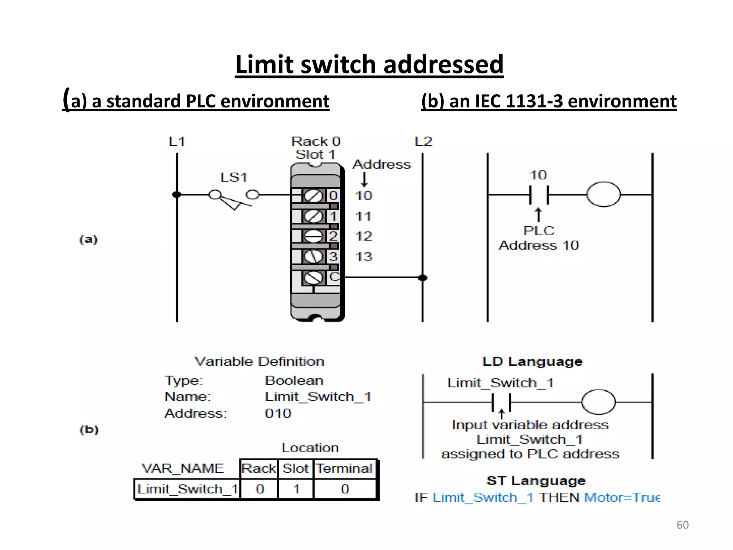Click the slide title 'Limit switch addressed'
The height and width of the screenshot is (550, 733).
[369, 64]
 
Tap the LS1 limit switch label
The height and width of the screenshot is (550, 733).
[234, 177]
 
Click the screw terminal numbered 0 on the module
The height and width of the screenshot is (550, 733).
[314, 196]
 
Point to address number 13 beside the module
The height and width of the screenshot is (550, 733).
[364, 256]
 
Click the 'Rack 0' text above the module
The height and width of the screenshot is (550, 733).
[316, 141]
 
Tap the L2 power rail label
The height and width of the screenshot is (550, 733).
[423, 141]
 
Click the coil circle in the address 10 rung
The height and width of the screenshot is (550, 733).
[603, 194]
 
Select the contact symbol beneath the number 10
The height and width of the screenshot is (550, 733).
[539, 195]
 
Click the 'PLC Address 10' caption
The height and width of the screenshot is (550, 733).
[539, 238]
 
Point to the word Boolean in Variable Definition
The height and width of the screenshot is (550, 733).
[294, 380]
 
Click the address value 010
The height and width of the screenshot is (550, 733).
[278, 414]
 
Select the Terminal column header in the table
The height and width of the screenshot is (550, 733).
[344, 468]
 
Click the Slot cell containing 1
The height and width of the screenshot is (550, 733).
[296, 489]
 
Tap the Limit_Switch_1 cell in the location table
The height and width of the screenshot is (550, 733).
[187, 489]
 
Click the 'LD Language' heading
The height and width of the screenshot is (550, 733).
[532, 362]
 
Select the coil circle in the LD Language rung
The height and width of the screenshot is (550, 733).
[598, 402]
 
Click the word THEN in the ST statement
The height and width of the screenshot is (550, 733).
[559, 497]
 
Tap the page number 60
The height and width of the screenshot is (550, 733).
[682, 525]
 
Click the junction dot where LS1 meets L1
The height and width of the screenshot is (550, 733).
[177, 195]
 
